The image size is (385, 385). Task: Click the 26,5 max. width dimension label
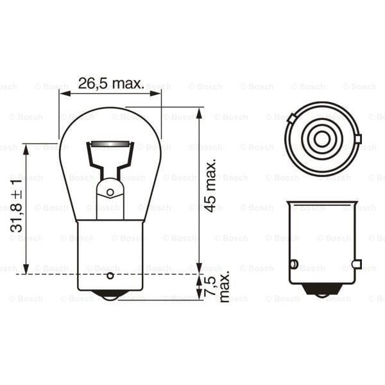pos(110,83)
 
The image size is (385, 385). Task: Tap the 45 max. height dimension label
pos(211,187)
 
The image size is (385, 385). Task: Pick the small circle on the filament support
pos(110,191)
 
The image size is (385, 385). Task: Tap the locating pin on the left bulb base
pos(110,276)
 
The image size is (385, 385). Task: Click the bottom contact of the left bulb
pos(110,296)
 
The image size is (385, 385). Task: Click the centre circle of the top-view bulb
pos(321,138)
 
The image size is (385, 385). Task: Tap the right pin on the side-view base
pos(357,264)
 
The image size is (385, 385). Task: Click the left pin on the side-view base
pos(293,264)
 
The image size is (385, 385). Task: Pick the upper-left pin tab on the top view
pos(292,118)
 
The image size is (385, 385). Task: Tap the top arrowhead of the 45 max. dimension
pos(200,112)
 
